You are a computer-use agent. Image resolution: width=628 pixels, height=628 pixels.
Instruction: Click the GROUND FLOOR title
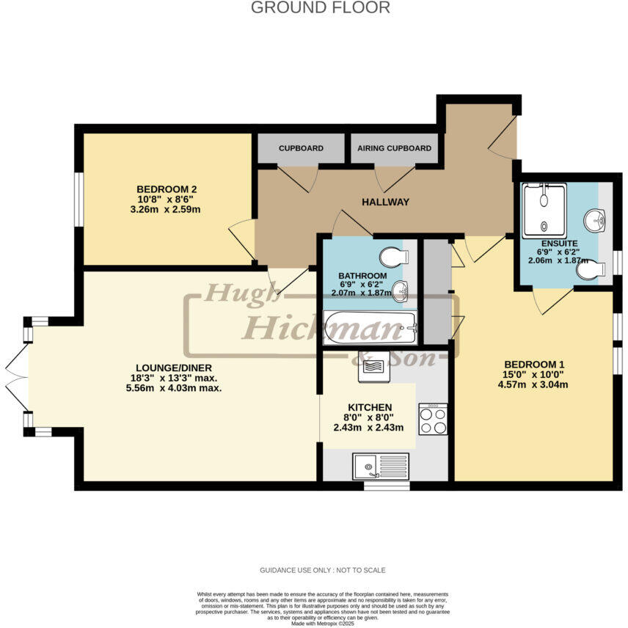[x=321, y=8]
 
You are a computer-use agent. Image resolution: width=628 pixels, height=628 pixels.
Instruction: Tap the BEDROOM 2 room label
[x=167, y=189]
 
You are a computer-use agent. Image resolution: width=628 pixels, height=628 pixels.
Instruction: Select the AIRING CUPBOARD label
[x=394, y=148]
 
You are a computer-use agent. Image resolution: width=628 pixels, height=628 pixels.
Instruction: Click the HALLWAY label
[x=384, y=202]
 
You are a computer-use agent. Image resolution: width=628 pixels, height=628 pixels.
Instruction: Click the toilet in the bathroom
[x=392, y=258]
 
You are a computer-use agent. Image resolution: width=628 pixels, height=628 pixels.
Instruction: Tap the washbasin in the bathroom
[x=401, y=292]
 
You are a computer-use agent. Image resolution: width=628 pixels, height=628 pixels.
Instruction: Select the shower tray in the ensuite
[x=544, y=211]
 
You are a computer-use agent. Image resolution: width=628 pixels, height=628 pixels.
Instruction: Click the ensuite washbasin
[x=596, y=219]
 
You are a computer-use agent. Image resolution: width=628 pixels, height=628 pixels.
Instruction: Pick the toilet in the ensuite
[x=589, y=270]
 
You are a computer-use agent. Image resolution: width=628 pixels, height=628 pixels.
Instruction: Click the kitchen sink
[x=379, y=466]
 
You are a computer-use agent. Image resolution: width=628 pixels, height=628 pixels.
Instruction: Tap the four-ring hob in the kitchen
[x=433, y=419]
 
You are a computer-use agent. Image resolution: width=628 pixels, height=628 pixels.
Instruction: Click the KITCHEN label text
[x=370, y=407]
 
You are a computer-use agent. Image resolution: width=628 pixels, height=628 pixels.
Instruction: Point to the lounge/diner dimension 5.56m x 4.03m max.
[x=174, y=388]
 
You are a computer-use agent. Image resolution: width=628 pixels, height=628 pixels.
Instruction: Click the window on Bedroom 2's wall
[x=78, y=197]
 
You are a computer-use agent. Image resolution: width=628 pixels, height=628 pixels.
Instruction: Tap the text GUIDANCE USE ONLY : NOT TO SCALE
[x=322, y=570]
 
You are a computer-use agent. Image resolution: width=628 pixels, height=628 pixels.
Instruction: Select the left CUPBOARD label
[x=301, y=148]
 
